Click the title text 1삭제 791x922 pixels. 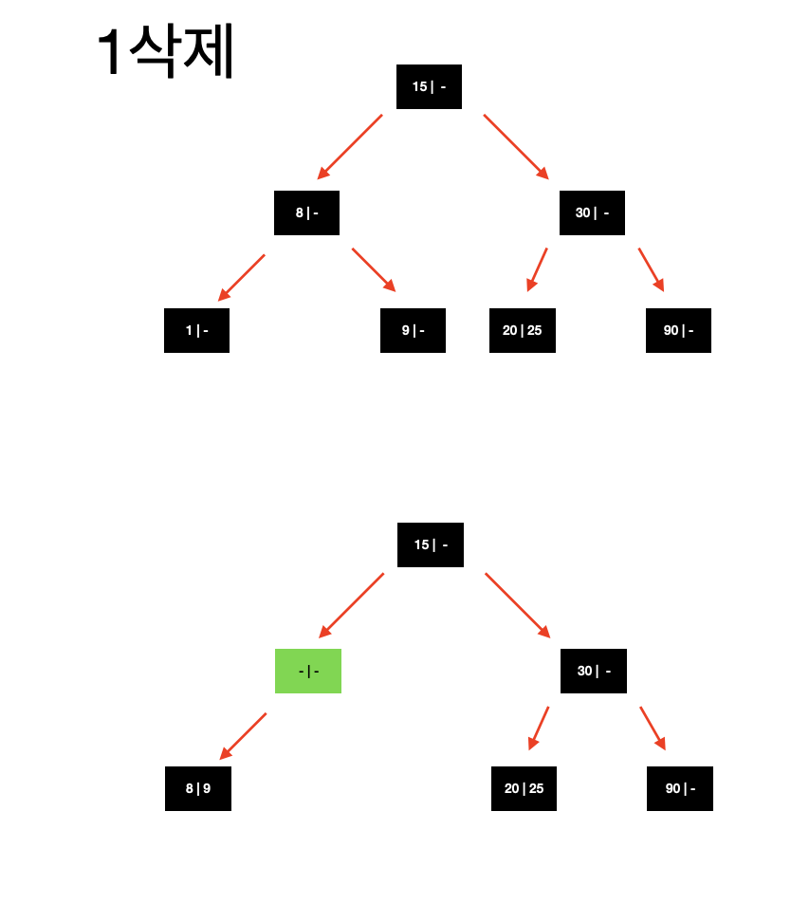pyautogui.click(x=166, y=52)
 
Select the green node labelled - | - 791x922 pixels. pyautogui.click(x=308, y=672)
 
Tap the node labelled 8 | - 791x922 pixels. pyautogui.click(x=306, y=212)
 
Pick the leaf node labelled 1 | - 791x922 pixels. pyautogui.click(x=196, y=330)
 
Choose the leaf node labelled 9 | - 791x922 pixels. pyautogui.click(x=413, y=330)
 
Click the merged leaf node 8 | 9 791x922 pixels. pyautogui.click(x=198, y=788)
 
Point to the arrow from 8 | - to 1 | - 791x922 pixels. pyautogui.click(x=242, y=277)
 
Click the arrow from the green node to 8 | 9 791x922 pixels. pyautogui.click(x=243, y=736)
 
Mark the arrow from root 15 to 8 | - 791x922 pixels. pyautogui.click(x=350, y=147)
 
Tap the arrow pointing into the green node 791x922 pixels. pyautogui.click(x=352, y=605)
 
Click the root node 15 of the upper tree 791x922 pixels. pyautogui.click(x=429, y=87)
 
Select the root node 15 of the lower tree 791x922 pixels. pyautogui.click(x=431, y=544)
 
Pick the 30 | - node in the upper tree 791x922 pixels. pyautogui.click(x=592, y=212)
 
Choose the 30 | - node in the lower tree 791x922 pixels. pyautogui.click(x=594, y=671)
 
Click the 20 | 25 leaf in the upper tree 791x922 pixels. pyautogui.click(x=523, y=330)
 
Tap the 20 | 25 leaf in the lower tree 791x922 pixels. pyautogui.click(x=524, y=788)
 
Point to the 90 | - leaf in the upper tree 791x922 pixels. pyautogui.click(x=678, y=330)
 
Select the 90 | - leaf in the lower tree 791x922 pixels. pyautogui.click(x=680, y=788)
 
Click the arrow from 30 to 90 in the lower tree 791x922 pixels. pyautogui.click(x=653, y=728)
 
